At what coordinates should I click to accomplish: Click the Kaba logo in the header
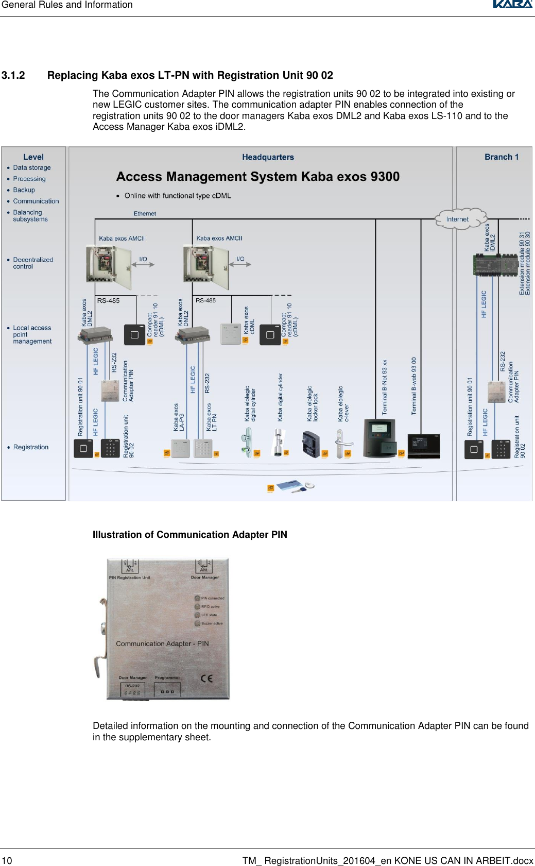coord(512,5)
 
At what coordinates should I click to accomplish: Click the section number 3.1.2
coord(13,75)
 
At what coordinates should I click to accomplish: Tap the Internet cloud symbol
coord(459,218)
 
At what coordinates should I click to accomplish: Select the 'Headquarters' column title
coord(268,157)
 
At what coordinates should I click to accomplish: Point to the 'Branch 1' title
coord(501,157)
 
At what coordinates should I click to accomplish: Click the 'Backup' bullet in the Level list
coord(24,190)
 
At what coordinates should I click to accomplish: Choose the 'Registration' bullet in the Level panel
coord(31,447)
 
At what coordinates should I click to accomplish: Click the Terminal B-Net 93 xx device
coord(380,438)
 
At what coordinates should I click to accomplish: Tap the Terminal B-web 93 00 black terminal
coord(423,446)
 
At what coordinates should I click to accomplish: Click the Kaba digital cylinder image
coord(279,443)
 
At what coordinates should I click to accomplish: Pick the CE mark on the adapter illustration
coord(206,678)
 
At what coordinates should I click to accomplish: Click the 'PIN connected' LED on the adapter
coord(197,598)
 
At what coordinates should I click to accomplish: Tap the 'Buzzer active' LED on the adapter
coord(197,623)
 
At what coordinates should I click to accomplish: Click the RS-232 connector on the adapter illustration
coord(132,690)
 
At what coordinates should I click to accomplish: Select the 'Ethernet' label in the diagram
coord(145,213)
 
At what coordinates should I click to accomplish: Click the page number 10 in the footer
coord(7,860)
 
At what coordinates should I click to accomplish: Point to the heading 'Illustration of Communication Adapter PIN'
coord(189,535)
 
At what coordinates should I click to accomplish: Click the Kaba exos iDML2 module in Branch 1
coord(495,265)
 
